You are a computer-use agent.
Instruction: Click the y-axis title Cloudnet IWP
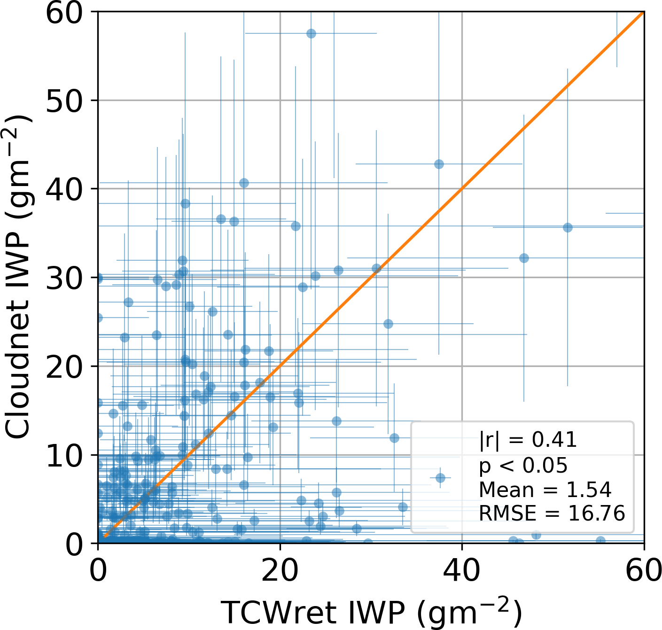coord(19,277)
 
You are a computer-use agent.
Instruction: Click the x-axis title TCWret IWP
coord(371,612)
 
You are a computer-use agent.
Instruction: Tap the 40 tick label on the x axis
coord(462,571)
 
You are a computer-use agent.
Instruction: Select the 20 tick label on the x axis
coord(280,571)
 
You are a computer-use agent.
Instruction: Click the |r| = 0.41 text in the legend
coord(528,440)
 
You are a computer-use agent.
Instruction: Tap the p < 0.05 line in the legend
coord(523,466)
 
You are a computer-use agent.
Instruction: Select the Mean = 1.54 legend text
coord(545,490)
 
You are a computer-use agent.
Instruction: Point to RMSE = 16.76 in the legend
coord(552,513)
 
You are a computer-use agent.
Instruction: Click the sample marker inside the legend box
coord(440,478)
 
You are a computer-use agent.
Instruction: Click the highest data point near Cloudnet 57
coord(311,33)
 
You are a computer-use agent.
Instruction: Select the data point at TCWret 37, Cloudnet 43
coord(439,164)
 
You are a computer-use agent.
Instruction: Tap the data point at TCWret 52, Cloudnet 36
coord(568,227)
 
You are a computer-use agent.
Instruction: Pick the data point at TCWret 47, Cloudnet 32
coord(524,258)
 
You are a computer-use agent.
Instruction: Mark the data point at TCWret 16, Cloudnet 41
coord(244,183)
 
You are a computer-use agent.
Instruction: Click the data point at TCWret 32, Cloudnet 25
coord(388,324)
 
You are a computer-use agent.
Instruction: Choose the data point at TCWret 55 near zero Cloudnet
coord(600,541)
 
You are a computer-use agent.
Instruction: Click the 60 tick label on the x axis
coord(643,571)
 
